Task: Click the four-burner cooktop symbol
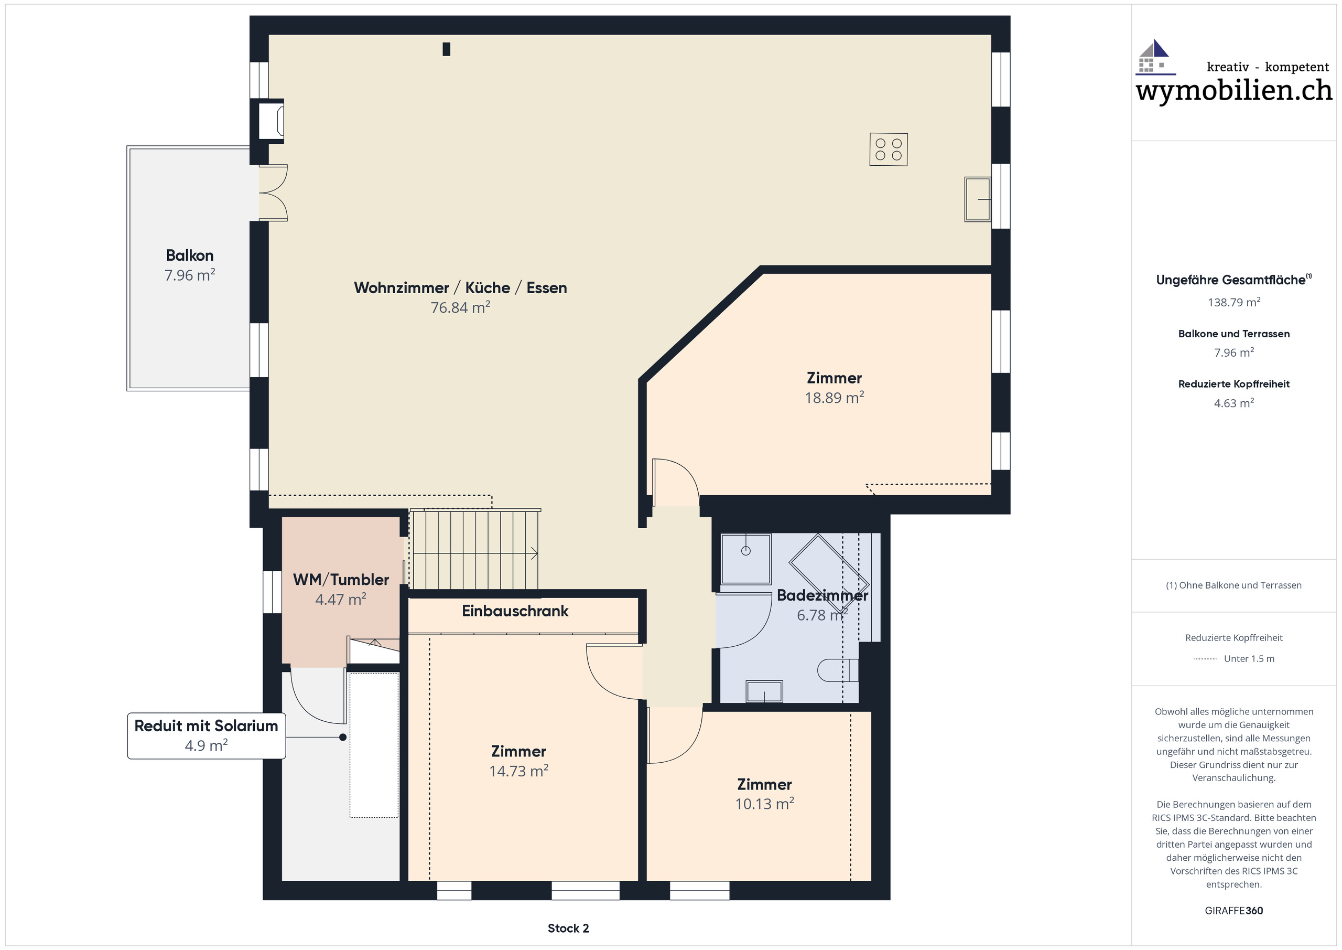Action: [x=888, y=150]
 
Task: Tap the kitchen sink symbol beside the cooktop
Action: [x=977, y=199]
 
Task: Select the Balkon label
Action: [x=189, y=255]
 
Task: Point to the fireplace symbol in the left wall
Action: [x=270, y=121]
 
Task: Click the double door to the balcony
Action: [x=273, y=193]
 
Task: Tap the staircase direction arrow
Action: [x=534, y=553]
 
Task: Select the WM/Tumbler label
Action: [x=341, y=580]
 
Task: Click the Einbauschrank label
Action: [x=514, y=611]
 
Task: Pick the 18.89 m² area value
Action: [x=834, y=398]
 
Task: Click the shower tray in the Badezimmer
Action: [x=745, y=559]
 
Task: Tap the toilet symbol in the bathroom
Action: [x=837, y=670]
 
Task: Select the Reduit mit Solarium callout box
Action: [x=207, y=735]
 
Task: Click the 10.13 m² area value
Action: [x=764, y=804]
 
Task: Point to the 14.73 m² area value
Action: [x=518, y=772]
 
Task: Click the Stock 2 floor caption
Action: [x=568, y=928]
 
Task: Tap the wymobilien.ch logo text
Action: [x=1233, y=91]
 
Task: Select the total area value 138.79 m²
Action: [x=1234, y=303]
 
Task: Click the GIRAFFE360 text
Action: [x=1233, y=911]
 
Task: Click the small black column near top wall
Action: [x=447, y=49]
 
